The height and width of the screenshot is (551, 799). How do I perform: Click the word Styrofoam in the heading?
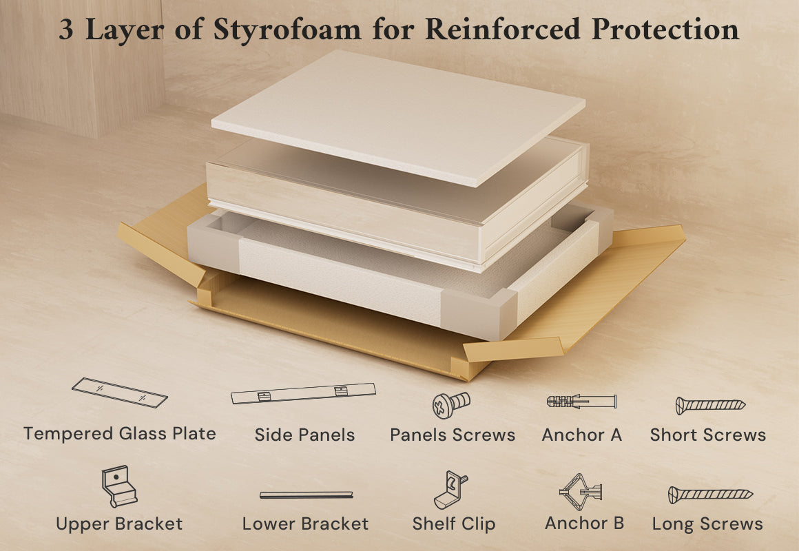tap(287, 30)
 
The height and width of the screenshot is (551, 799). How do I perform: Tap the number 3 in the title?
tap(66, 29)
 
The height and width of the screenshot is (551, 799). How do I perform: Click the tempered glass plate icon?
tap(120, 393)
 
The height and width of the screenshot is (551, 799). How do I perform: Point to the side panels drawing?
tap(303, 393)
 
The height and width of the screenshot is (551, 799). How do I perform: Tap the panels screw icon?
tap(451, 405)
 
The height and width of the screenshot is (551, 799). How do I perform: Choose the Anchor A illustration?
tap(581, 401)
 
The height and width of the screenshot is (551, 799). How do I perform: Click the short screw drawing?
tap(710, 405)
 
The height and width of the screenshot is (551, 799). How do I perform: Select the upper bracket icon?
tap(119, 486)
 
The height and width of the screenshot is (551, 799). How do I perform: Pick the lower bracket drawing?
tap(307, 495)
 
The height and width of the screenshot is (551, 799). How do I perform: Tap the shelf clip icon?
tap(450, 490)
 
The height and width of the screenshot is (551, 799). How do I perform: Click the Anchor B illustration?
tap(581, 492)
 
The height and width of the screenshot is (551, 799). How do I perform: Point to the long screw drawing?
tap(710, 495)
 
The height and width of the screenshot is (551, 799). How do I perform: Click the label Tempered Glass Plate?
tap(120, 434)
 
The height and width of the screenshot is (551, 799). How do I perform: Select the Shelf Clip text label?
tap(453, 524)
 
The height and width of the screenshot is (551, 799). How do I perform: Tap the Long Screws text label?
tap(707, 525)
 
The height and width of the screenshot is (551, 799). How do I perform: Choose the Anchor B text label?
tap(585, 523)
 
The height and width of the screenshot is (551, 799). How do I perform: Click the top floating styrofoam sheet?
tap(398, 116)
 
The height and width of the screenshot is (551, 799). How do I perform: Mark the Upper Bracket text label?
tap(119, 524)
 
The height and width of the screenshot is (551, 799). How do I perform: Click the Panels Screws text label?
tap(453, 435)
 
